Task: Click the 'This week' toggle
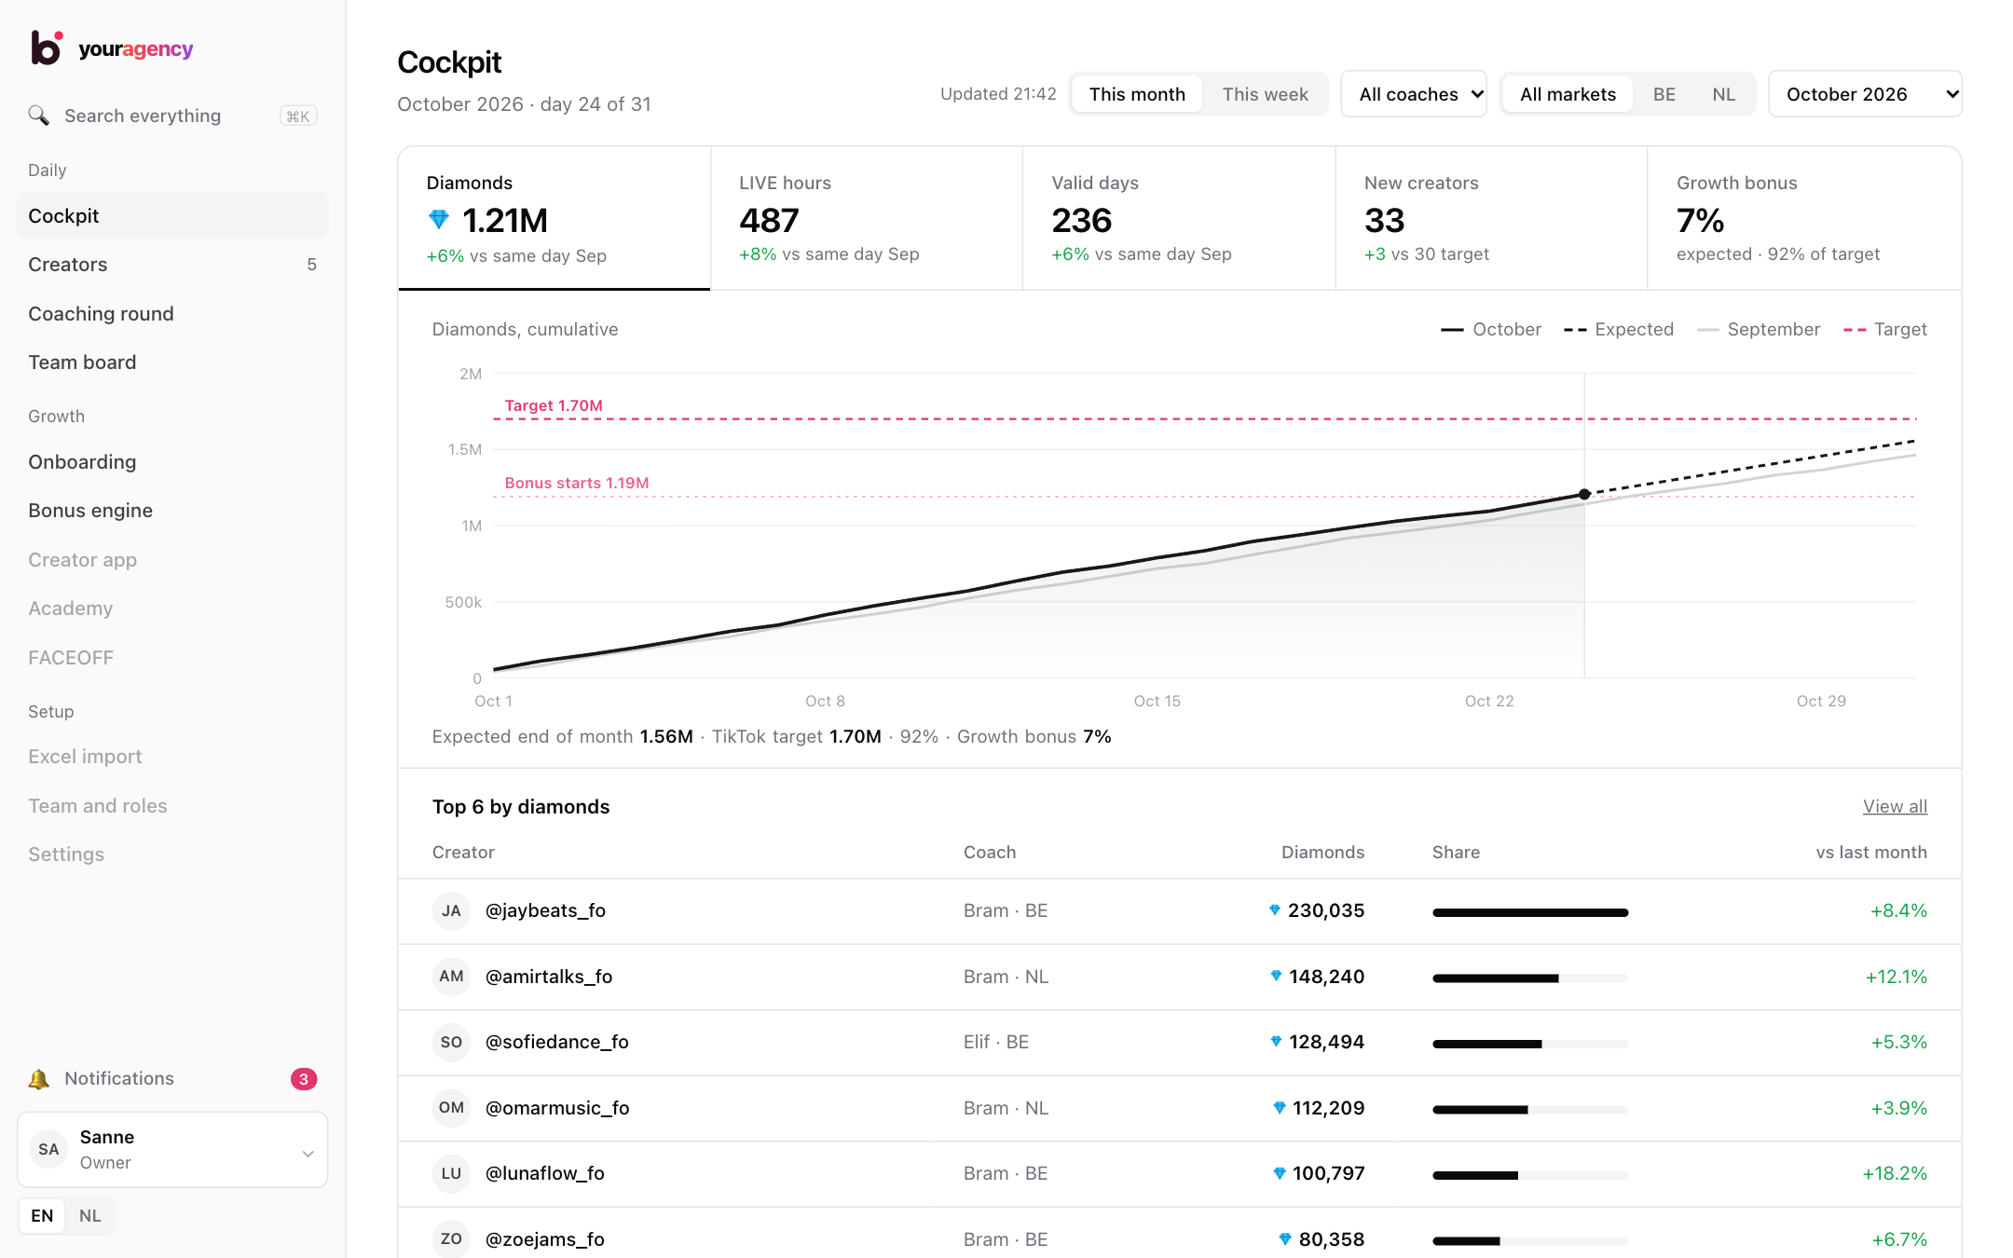tap(1265, 94)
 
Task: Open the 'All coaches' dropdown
tap(1414, 94)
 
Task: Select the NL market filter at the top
tap(1723, 94)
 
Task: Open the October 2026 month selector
tap(1865, 94)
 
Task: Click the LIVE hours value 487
tap(769, 221)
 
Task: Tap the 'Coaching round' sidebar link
tap(101, 314)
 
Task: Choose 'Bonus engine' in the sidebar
tap(90, 511)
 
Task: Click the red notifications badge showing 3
tap(304, 1079)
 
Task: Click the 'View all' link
tap(1895, 807)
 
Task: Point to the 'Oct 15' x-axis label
tap(1157, 701)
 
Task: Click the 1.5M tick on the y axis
tap(465, 449)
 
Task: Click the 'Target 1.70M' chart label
tap(554, 405)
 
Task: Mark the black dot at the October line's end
tap(1584, 494)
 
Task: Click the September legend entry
tap(1759, 330)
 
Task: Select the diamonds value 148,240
tap(1326, 977)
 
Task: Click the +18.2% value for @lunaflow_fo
tap(1895, 1173)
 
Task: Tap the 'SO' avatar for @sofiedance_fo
tap(451, 1042)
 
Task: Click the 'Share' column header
tap(1456, 853)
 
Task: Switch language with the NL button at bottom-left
tap(89, 1216)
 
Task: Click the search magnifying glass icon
tap(38, 116)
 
